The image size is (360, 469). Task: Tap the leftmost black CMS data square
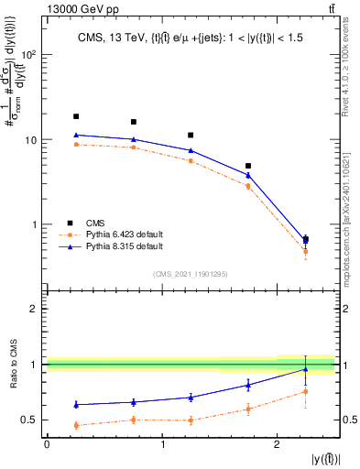point(76,116)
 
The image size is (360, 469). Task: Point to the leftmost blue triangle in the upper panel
point(76,135)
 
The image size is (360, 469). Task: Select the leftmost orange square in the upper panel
point(76,144)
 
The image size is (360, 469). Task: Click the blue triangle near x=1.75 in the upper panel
point(248,174)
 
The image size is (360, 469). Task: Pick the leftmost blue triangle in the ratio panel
point(76,404)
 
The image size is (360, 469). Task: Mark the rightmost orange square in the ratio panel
point(305,391)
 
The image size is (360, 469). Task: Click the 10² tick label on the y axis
point(28,55)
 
